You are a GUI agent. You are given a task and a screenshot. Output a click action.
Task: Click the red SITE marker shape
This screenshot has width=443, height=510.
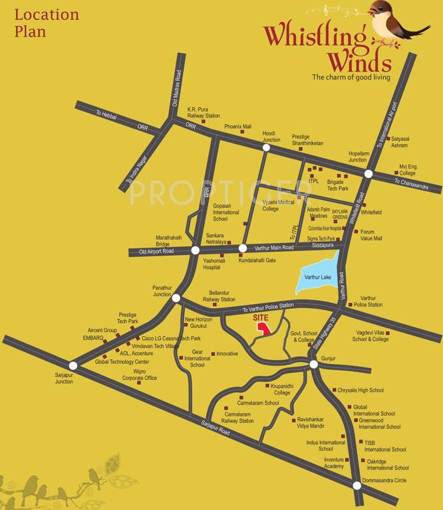coord(264,329)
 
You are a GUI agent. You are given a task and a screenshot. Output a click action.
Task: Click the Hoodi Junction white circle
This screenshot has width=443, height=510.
coord(266,148)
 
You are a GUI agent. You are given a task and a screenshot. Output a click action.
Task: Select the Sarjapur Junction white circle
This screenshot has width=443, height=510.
coord(73,365)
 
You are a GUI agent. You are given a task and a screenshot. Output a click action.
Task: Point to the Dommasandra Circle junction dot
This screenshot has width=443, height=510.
coord(357,485)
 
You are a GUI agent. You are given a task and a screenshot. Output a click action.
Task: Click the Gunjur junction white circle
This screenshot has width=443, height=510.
coord(314,365)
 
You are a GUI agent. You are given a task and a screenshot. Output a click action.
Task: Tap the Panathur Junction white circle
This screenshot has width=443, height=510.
coord(176,298)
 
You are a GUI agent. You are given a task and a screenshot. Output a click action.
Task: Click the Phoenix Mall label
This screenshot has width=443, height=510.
coord(237,126)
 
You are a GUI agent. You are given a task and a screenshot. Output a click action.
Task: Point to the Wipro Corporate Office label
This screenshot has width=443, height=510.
coord(140,375)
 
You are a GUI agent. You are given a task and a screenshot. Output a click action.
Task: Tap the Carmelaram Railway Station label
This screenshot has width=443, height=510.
coord(237,418)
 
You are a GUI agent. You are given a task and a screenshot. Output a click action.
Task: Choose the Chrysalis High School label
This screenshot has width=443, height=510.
coord(361,390)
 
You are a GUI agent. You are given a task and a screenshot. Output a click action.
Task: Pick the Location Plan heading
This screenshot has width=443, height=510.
coord(46,23)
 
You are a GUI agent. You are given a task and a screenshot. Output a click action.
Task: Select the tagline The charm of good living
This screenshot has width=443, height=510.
coord(351,77)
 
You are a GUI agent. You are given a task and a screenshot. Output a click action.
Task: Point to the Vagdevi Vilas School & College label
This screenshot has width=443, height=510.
coord(371,336)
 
